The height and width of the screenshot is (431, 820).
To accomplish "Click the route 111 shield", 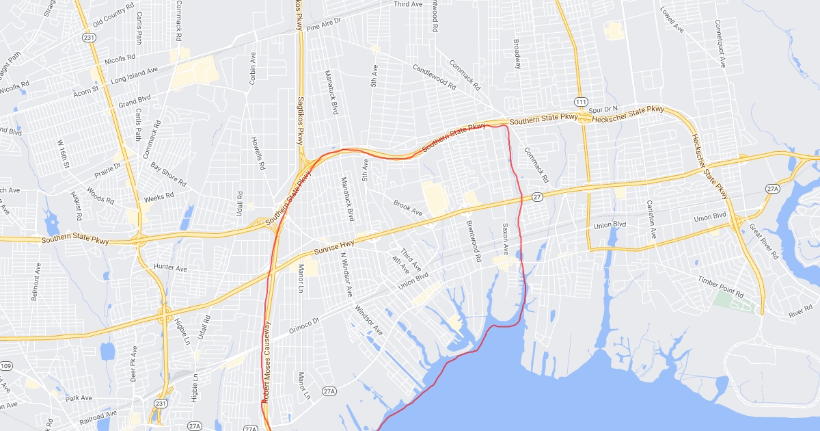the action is tap(581, 101).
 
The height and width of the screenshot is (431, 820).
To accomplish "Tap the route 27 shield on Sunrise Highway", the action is tap(537, 197).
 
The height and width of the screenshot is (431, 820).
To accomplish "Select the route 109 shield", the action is tap(6, 366).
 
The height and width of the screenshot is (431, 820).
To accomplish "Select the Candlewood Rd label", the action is tap(434, 77).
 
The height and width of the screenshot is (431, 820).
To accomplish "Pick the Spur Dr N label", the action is tap(603, 109).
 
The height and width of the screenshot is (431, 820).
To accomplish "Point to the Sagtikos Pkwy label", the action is tap(299, 120).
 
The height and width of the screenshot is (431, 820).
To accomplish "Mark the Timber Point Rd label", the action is tap(720, 287).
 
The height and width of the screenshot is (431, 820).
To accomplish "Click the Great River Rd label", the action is tap(763, 241).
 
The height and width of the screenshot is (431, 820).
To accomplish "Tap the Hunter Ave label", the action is tap(171, 269).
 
